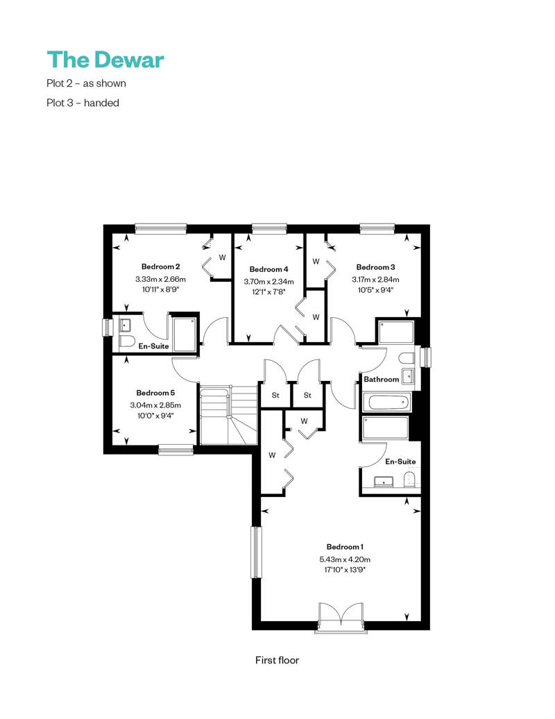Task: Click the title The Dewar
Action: (x=105, y=60)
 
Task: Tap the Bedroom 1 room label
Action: (x=345, y=547)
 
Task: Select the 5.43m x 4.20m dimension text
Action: (x=345, y=559)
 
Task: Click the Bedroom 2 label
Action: (x=160, y=267)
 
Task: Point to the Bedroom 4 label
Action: (x=268, y=269)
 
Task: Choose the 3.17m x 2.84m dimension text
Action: (x=375, y=279)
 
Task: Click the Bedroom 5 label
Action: (x=155, y=393)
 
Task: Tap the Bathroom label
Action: (x=382, y=379)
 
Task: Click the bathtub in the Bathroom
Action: (x=387, y=403)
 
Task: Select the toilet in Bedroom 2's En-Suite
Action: (x=126, y=341)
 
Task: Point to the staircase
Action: (x=228, y=414)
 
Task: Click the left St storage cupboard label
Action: (x=275, y=395)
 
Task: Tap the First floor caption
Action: (x=277, y=660)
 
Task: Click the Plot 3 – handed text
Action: (x=83, y=103)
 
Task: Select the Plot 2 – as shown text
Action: (x=86, y=83)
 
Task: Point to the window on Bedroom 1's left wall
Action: (x=256, y=552)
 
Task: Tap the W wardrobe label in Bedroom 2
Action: (x=222, y=257)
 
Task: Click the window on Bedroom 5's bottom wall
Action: (x=176, y=450)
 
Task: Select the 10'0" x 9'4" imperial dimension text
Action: (x=155, y=416)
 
